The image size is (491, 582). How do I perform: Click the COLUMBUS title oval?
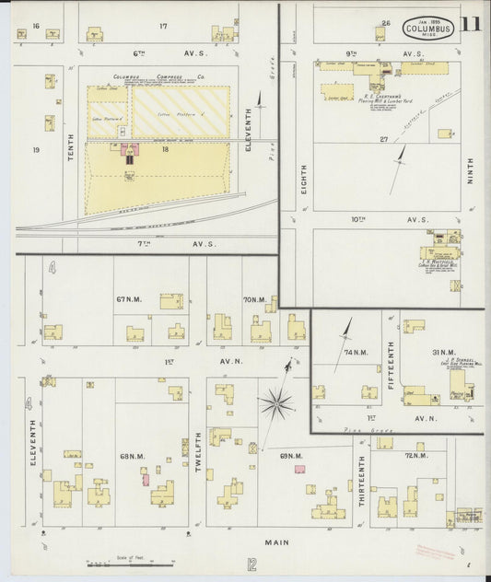[428, 29]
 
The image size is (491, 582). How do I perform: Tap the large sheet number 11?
[471, 25]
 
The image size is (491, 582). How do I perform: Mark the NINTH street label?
[469, 170]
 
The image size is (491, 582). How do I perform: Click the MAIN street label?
[276, 542]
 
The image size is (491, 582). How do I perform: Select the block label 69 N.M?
[291, 455]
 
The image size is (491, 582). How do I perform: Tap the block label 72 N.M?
[415, 455]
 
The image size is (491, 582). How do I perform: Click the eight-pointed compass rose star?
[276, 402]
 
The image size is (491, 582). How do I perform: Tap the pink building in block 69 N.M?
[299, 469]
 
